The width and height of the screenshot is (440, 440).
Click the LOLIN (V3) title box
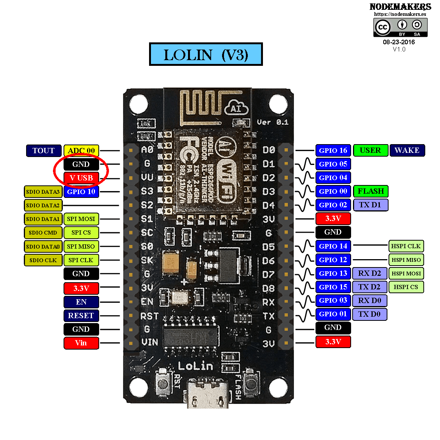click(206, 54)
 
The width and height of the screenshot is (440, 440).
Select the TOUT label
click(44, 151)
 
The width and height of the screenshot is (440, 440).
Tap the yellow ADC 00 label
click(81, 151)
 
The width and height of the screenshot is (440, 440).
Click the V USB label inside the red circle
click(81, 178)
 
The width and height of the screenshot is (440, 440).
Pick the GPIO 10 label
click(81, 191)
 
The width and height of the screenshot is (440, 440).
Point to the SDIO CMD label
click(43, 233)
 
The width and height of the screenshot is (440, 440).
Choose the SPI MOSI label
click(81, 219)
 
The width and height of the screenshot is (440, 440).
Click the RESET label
click(81, 316)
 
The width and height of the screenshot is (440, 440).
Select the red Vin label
click(81, 343)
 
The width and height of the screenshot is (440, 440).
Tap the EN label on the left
click(81, 302)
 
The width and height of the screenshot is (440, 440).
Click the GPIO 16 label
click(333, 151)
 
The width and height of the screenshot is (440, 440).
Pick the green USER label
click(370, 150)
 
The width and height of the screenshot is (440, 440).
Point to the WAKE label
click(407, 150)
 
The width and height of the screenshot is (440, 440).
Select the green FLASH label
click(371, 191)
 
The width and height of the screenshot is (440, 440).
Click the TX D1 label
click(370, 205)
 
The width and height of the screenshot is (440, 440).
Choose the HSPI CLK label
click(406, 246)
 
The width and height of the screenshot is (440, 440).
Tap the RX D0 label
click(370, 301)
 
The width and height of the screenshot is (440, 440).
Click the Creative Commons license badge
click(400, 28)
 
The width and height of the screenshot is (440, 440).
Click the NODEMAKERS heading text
click(400, 7)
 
